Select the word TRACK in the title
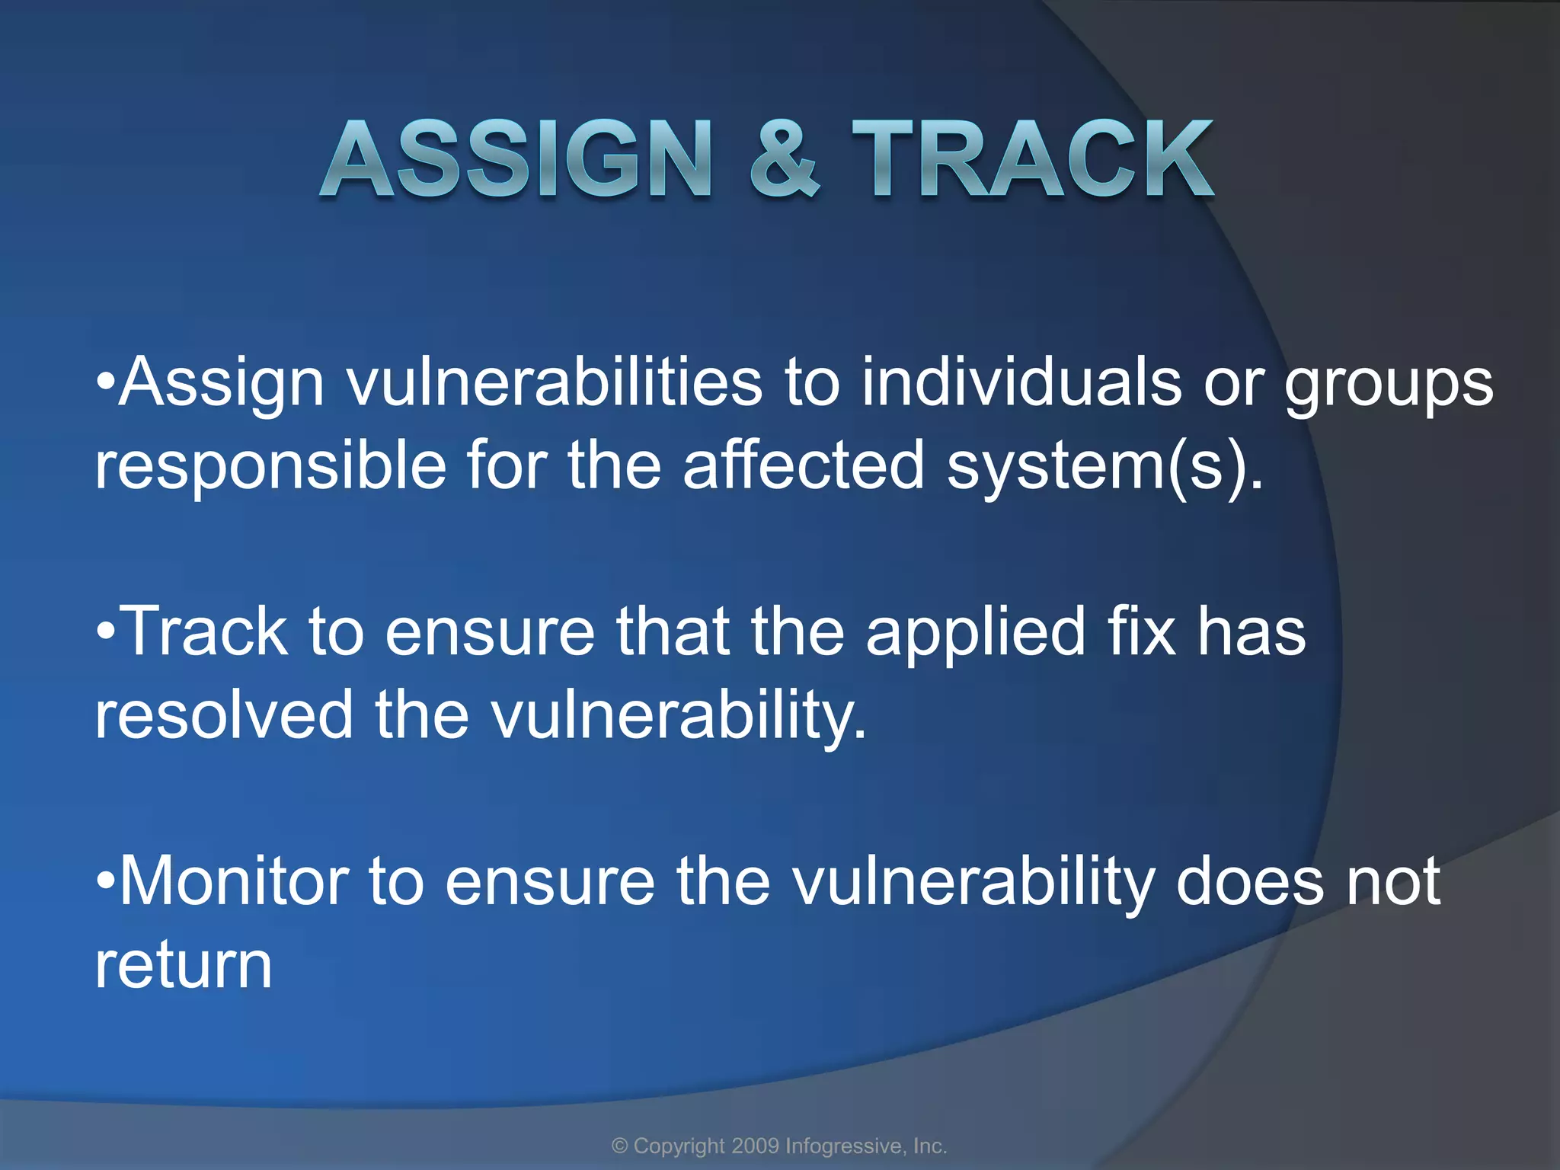tap(1032, 160)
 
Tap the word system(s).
tap(1097, 466)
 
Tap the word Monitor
tap(233, 881)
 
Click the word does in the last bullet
tap(1250, 881)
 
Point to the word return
tap(183, 966)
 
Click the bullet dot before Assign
tap(105, 381)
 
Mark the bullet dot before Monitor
tap(105, 881)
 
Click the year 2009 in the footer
tap(755, 1146)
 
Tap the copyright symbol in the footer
tap(620, 1146)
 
